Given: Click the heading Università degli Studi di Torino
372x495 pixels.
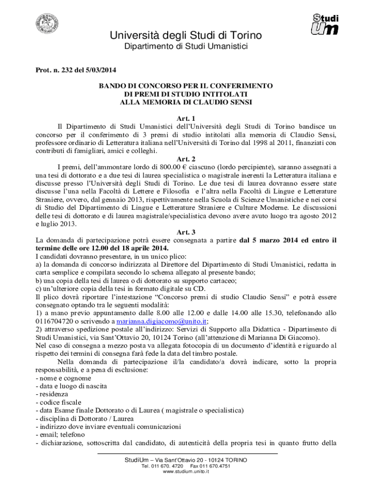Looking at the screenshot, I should [x=186, y=36].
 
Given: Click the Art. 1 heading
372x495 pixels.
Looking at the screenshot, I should [x=186, y=119].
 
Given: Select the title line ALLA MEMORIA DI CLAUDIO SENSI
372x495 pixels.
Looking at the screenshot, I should [x=186, y=102].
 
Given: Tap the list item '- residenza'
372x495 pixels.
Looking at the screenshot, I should [x=52, y=394].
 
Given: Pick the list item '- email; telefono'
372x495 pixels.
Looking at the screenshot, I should [x=60, y=435].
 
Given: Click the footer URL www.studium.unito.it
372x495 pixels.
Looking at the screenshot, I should [x=186, y=472].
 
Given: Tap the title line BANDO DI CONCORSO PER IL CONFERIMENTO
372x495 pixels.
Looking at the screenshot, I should [x=186, y=86].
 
